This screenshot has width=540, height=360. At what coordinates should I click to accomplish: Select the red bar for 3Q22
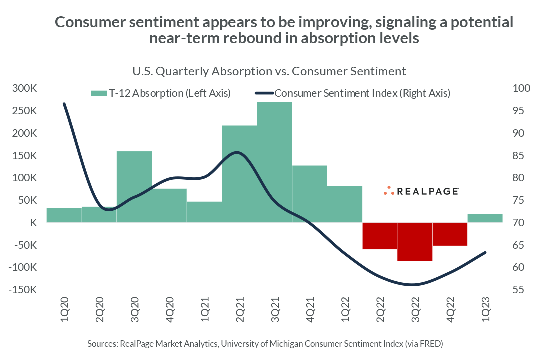(x=415, y=242)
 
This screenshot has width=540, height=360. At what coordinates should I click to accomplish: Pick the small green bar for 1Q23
(x=485, y=218)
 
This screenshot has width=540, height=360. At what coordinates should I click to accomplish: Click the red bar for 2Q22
(x=380, y=236)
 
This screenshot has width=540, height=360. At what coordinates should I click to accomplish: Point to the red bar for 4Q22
(x=450, y=234)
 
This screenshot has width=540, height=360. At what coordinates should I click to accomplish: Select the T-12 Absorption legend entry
(x=160, y=93)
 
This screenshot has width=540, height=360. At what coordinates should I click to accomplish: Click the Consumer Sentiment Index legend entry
(x=353, y=93)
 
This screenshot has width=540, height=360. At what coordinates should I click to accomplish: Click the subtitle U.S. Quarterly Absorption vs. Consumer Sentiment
(x=269, y=71)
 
